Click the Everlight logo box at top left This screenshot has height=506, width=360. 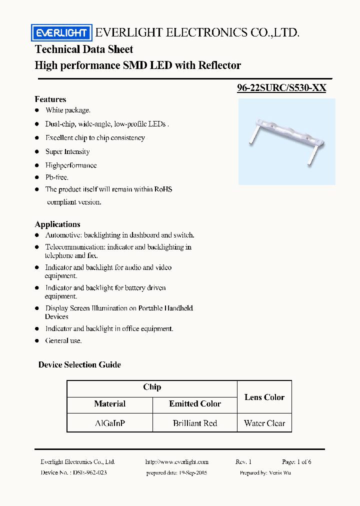click(61, 33)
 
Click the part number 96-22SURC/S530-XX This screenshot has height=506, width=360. click(281, 88)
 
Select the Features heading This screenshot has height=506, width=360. click(50, 99)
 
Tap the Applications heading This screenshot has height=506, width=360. click(57, 224)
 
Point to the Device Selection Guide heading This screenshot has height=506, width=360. click(79, 364)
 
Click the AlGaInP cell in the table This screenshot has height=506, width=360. click(110, 423)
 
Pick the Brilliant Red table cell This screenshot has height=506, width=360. click(195, 423)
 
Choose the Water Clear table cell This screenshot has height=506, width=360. click(264, 423)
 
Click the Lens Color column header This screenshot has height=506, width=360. click(264, 397)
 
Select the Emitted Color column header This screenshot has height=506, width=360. click(195, 403)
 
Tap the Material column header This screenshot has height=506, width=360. click(110, 403)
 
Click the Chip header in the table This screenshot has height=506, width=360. click(152, 387)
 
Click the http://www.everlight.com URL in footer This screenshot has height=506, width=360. click(176, 462)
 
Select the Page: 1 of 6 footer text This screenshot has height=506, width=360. click(296, 462)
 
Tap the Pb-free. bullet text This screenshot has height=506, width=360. click(57, 177)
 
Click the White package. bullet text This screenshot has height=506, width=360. click(68, 110)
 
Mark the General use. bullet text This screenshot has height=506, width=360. click(63, 340)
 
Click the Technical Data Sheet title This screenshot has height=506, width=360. click(84, 49)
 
